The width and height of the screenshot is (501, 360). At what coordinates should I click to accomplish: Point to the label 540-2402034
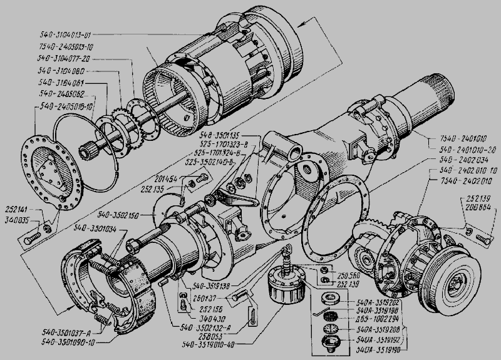pos(461,159)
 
